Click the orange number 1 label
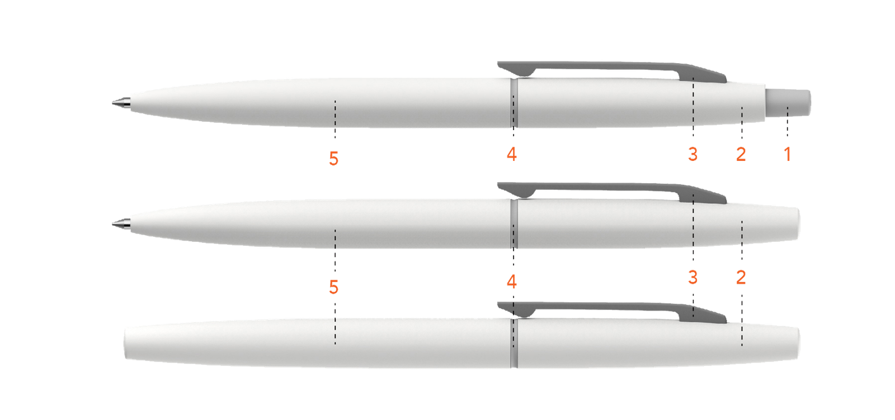pos(788,154)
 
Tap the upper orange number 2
pos(741,154)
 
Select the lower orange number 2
pos(741,277)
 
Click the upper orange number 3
pos(693,154)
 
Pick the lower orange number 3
pos(693,277)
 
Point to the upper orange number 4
pos(512,154)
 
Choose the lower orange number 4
pos(512,281)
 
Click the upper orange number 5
pos(333,159)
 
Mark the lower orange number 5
pos(333,287)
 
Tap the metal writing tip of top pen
pos(121,103)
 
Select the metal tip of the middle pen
pos(121,224)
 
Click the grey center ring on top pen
pos(514,103)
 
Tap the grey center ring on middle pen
pos(514,224)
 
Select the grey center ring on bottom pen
pos(514,343)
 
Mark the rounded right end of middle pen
pos(797,224)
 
